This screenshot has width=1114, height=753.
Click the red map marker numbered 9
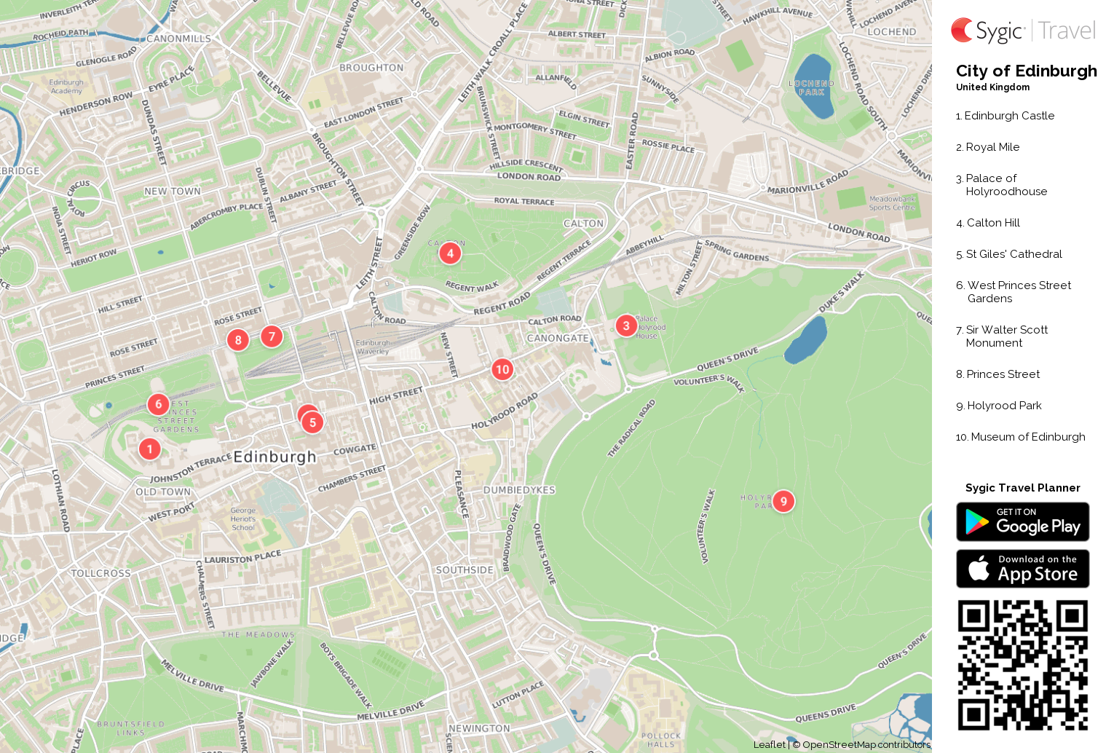point(783,501)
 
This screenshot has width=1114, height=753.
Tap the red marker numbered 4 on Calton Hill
point(450,253)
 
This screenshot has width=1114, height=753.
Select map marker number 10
point(502,369)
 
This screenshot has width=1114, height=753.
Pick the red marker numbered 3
point(626,326)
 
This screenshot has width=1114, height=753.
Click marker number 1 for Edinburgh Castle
point(150,449)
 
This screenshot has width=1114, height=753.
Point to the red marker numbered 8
point(238,340)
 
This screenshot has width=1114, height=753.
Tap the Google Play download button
point(1022,521)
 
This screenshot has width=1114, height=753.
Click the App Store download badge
point(1022,568)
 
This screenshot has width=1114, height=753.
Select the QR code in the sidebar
point(1022,665)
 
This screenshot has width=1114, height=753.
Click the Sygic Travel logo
point(1022,31)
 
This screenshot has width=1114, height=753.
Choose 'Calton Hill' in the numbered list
point(992,223)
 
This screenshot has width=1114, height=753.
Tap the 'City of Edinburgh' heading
point(1026,71)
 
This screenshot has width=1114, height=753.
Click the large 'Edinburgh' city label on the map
point(274,457)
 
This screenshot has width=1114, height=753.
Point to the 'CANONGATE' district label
point(558,338)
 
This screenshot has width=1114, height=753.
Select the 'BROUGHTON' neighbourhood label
point(371,68)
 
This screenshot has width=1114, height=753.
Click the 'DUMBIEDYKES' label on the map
point(519,490)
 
